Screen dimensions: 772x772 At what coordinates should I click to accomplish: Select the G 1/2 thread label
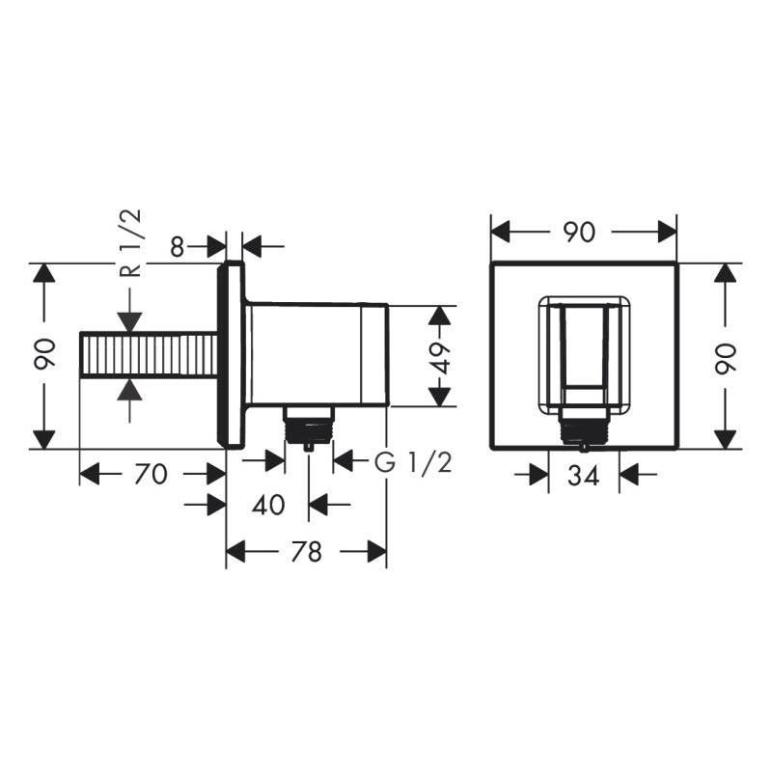[413, 463]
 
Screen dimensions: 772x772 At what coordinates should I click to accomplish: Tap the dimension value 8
[177, 246]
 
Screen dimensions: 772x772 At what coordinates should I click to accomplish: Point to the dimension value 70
[151, 474]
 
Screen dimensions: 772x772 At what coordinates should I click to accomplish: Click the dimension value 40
[268, 504]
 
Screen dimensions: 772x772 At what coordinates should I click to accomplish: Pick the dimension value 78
[306, 551]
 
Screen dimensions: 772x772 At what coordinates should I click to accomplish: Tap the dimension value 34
[584, 475]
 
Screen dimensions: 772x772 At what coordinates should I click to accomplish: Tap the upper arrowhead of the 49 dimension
[440, 316]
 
